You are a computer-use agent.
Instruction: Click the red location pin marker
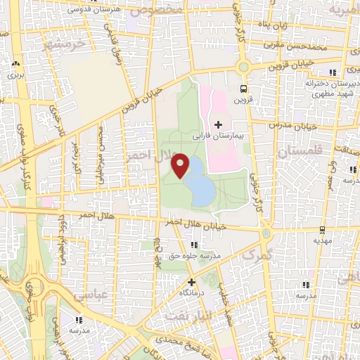181,165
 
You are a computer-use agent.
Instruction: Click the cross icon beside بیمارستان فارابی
218,124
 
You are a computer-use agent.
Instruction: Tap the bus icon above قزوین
243,89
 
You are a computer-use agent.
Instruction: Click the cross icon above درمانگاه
191,282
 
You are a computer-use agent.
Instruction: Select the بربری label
15,72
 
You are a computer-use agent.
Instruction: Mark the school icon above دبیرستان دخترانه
330,72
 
